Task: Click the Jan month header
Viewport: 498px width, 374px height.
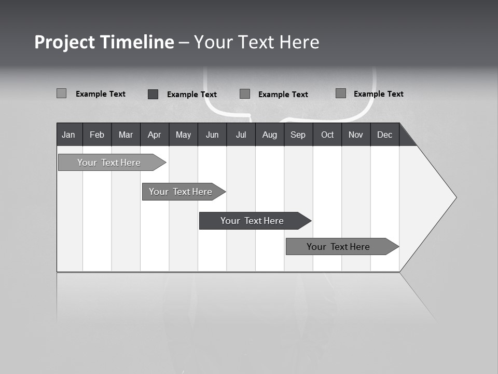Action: (69, 135)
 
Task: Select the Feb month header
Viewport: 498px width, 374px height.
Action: (97, 135)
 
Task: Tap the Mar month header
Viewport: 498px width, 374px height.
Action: (126, 135)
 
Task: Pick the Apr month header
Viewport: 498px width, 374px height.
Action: (154, 135)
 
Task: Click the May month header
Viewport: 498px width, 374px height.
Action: (183, 135)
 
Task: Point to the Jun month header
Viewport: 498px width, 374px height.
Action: (212, 135)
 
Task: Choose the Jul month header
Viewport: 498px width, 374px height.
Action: (241, 135)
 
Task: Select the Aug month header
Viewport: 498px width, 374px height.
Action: (270, 135)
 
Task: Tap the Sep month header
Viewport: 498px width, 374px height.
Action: (298, 135)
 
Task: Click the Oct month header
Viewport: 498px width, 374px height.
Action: (327, 135)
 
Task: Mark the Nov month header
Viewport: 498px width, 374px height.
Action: (356, 135)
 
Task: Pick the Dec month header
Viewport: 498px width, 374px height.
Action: (385, 135)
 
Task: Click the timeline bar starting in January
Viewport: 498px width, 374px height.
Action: (109, 163)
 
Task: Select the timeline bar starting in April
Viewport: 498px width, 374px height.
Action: (181, 192)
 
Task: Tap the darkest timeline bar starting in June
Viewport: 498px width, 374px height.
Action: (252, 221)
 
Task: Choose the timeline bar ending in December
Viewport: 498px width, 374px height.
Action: (338, 247)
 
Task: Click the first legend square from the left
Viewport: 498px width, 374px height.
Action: (61, 94)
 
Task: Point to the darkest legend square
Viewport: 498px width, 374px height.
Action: (153, 94)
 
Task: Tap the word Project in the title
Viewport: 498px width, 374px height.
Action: (64, 42)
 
